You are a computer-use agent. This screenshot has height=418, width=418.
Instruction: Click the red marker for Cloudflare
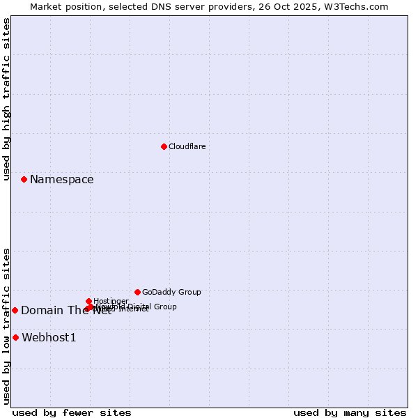(164, 146)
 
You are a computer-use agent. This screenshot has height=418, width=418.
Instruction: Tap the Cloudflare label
(187, 146)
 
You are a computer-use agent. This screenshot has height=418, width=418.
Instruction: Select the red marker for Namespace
(24, 179)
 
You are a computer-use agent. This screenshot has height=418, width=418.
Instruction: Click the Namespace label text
(61, 179)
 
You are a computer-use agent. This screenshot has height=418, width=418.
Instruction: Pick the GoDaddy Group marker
(137, 292)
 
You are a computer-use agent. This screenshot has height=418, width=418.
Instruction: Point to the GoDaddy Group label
(171, 292)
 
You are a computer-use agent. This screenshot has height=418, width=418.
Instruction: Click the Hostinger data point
(88, 301)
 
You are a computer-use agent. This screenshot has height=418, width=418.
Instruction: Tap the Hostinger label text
(111, 301)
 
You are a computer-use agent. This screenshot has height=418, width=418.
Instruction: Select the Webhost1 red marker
(15, 337)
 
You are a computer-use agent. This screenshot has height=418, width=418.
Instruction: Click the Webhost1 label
(49, 338)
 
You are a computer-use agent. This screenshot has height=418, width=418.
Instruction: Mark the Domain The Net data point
(15, 310)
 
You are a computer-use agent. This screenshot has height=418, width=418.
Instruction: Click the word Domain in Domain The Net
(40, 311)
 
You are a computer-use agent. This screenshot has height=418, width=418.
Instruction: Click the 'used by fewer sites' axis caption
(72, 412)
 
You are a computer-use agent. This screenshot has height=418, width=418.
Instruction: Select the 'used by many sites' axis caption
(350, 412)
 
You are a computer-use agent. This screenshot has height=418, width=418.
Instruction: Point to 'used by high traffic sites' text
(7, 99)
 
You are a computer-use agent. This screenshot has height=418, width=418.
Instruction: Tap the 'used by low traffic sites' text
(7, 326)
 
